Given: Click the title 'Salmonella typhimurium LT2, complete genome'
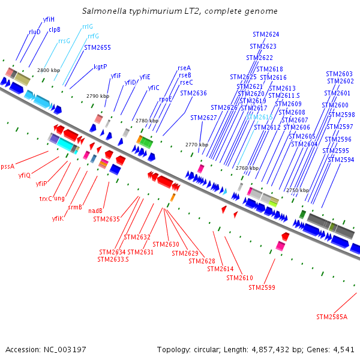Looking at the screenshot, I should pos(179,11).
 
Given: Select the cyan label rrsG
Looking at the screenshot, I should pos(64,41).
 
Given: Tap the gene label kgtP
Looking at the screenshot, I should pos(100,67).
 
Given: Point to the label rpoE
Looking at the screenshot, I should pos(165,99).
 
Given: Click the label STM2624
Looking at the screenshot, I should pos(266,35).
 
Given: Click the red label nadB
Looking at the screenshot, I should pos(96,211).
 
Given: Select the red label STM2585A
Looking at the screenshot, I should pos(332,316).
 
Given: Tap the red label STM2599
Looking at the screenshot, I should pos(262,288).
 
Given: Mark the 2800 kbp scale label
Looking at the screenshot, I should pos(49,71).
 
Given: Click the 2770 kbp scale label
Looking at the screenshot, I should pos(196,145).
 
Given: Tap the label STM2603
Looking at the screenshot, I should pos(340,74).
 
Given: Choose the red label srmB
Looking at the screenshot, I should pos(75,207).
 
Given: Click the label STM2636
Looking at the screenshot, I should pos(193,93).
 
